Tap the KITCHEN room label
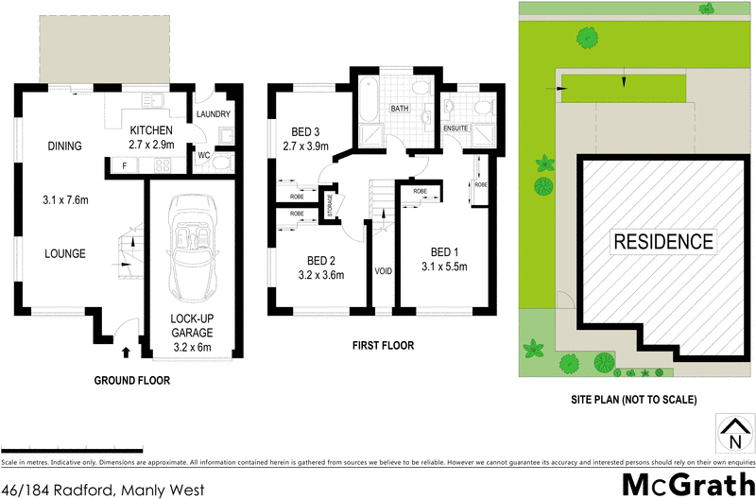pyautogui.click(x=151, y=130)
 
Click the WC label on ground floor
pyautogui.click(x=204, y=155)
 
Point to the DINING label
pyautogui.click(x=65, y=146)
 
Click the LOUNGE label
pyautogui.click(x=64, y=253)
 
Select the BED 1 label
pyautogui.click(x=444, y=252)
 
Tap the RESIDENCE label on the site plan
pyautogui.click(x=663, y=241)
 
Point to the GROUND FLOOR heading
pyautogui.click(x=132, y=380)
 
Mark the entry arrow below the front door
pyautogui.click(x=127, y=354)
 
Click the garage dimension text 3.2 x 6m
pyautogui.click(x=191, y=347)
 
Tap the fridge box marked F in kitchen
pyautogui.click(x=124, y=166)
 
